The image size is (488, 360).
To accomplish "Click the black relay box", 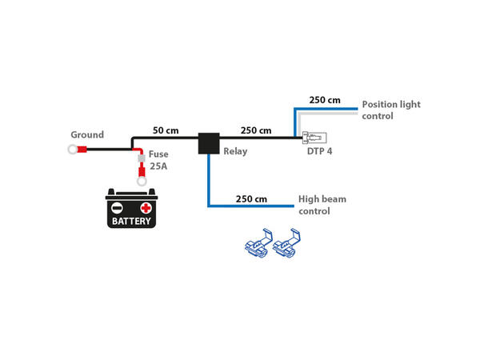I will pos(210,143).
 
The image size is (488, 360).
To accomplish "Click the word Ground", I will pos(87,135).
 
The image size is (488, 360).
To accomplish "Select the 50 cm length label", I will pos(166,130).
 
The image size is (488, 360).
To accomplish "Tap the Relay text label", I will pos(236,150).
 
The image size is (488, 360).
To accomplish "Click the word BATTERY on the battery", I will pos(131,221).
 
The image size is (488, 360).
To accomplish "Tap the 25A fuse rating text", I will pos(158,167).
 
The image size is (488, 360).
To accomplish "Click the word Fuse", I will pos(158,155).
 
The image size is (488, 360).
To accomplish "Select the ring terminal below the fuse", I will pos(142,182).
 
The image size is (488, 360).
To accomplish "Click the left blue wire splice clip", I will pos(257,243).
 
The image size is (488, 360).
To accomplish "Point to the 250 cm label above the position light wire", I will pos(324,101).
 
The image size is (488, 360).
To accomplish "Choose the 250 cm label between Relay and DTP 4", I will pos(255,130).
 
